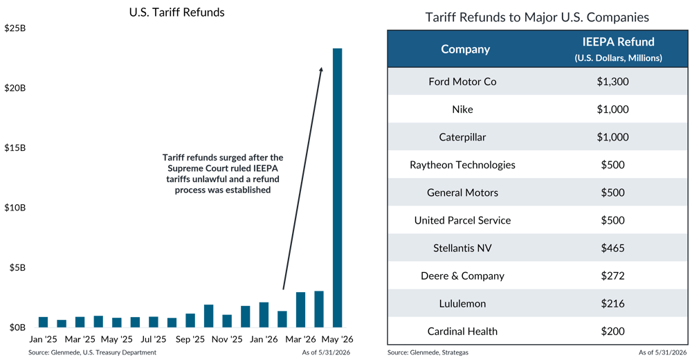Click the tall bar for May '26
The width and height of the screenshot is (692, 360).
click(337, 188)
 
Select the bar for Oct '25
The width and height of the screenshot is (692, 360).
click(209, 316)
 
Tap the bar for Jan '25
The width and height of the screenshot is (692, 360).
click(43, 322)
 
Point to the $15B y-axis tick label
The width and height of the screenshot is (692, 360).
click(15, 148)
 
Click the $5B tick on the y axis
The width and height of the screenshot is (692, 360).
click(18, 268)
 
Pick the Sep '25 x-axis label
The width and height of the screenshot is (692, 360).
click(190, 339)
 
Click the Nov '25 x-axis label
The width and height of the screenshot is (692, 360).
click(227, 339)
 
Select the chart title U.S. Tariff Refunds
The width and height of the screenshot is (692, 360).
click(176, 12)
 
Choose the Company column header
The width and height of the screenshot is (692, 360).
click(465, 49)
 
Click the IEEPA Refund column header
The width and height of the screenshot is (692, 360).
click(618, 42)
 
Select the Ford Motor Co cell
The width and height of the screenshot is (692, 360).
click(462, 82)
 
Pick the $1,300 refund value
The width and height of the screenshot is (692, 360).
click(612, 82)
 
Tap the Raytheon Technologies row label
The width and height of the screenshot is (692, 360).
click(462, 165)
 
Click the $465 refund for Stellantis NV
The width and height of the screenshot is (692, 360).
click(612, 249)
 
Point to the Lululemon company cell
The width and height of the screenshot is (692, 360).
click(462, 303)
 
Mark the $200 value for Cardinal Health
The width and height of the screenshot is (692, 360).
click(612, 332)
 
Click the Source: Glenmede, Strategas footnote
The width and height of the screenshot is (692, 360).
click(428, 352)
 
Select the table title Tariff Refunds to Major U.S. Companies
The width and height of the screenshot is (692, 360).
click(537, 17)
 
